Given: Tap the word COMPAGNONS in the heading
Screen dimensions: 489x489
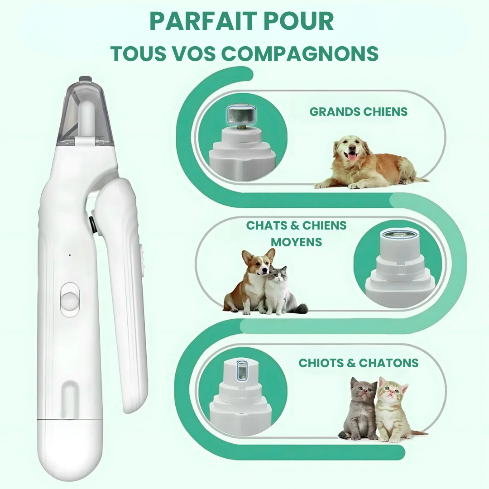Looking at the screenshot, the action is [300, 53].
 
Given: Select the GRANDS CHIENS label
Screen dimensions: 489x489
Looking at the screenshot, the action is [358, 112].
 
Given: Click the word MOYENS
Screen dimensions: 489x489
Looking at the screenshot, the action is [296, 242].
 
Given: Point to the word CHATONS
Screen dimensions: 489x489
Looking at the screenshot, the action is [388, 363].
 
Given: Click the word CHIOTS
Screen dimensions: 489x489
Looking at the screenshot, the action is [321, 363].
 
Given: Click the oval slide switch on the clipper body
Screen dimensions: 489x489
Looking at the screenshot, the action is [70, 300].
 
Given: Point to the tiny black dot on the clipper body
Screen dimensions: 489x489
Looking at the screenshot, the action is [70, 255].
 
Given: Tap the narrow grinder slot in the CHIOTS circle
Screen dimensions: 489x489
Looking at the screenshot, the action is [242, 370].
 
